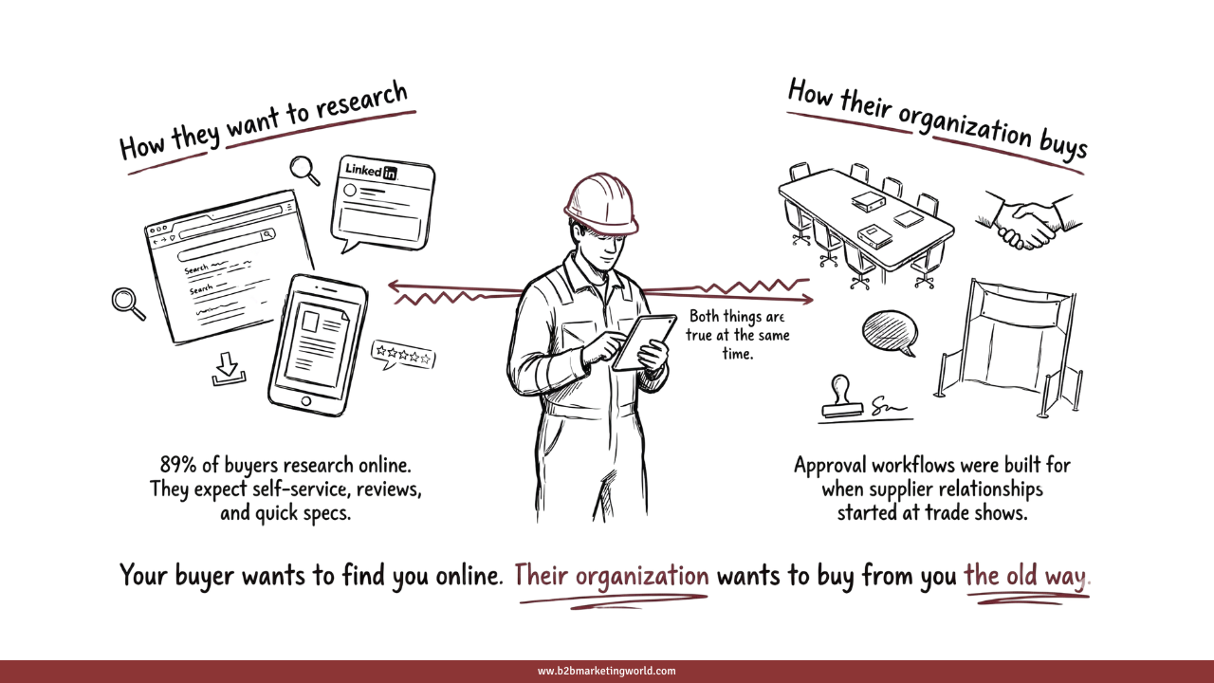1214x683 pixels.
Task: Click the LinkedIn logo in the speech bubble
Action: tap(370, 171)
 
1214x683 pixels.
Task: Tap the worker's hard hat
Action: tap(599, 202)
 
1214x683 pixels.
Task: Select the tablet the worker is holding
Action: tap(644, 342)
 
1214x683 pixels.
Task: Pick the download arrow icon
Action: tap(229, 369)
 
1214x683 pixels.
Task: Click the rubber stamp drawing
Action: tap(841, 398)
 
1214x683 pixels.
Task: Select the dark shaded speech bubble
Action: tap(890, 331)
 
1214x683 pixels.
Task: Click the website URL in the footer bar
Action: tap(607, 672)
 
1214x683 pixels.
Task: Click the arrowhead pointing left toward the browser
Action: tap(393, 285)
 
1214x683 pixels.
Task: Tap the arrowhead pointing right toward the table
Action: tap(807, 300)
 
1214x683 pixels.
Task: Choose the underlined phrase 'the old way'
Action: tap(1026, 576)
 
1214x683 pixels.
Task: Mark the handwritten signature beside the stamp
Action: tap(886, 405)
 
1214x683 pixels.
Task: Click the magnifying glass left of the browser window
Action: tap(127, 303)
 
